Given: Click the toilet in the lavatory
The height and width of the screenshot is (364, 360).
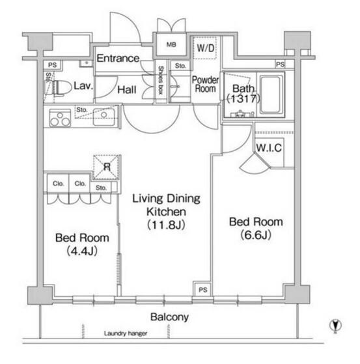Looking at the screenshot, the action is (61, 88).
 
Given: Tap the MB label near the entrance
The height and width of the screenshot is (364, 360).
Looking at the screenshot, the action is (171, 44).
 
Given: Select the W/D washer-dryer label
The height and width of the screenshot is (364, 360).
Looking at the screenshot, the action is (206, 48).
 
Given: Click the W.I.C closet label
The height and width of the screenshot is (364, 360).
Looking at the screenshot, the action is (269, 148).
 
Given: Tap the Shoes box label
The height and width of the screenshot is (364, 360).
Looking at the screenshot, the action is (161, 80).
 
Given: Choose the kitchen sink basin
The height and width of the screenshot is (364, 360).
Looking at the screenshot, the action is (104, 117).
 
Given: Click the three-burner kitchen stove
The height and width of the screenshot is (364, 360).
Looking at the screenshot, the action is (60, 118).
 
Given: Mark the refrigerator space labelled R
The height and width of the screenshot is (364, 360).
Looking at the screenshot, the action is (107, 167).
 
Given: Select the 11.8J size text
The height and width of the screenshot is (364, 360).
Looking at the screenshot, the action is (167, 225).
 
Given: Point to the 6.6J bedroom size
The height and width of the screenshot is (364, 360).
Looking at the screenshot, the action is (256, 235).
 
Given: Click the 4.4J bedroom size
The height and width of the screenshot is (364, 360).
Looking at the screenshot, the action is (82, 251).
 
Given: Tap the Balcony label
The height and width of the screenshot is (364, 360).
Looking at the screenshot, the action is (169, 317).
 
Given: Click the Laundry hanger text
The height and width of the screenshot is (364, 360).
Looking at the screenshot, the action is (126, 333).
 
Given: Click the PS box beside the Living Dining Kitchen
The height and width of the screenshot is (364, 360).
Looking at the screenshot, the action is (202, 289).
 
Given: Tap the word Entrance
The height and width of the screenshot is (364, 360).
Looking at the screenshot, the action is (118, 58).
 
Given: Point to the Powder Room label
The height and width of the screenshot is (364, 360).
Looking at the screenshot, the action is (205, 84).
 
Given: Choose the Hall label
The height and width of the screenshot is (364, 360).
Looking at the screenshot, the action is (127, 90).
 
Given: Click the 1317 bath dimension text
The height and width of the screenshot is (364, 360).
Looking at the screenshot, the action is (243, 99).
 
